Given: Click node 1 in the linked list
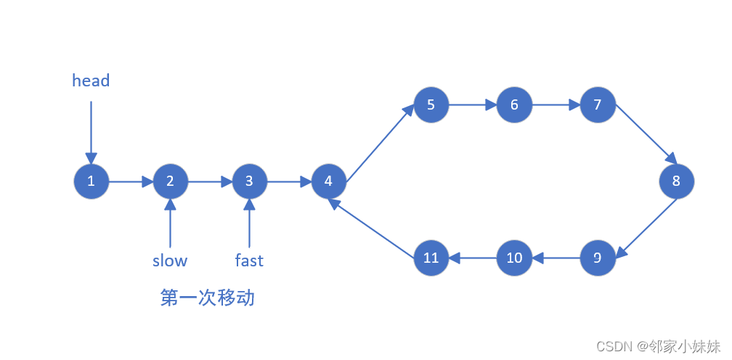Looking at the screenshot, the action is pos(91,181).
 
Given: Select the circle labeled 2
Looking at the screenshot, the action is pos(170,181).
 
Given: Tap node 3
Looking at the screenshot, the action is pos(249,181).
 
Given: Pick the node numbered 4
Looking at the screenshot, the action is pos(328,181).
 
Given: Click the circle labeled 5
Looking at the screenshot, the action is pos(431,105).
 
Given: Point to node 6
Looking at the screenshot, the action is pos(514,105).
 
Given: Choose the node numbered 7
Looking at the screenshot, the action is pos(598,105).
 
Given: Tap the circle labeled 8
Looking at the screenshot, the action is pos(676,181).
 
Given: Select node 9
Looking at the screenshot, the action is pos(598,258).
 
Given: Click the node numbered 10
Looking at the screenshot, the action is pos(514,258).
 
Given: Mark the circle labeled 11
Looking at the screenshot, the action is pos(431,258).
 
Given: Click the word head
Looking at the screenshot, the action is pos(91,81).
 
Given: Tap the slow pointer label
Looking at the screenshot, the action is pos(170,261).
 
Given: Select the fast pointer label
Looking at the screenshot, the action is pos(249,261).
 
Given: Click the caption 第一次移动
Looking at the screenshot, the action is pos(208,298).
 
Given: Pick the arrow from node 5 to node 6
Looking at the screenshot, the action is pos(472,105).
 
